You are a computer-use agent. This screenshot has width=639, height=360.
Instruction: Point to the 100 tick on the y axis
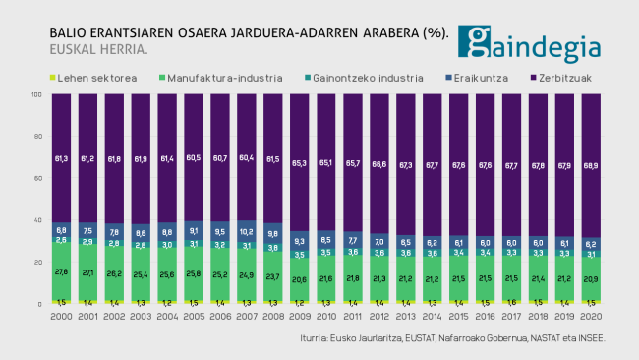click(36, 95)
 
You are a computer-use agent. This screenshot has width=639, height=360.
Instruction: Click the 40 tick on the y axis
click(37, 220)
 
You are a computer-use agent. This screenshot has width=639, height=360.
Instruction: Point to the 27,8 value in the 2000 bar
click(62, 271)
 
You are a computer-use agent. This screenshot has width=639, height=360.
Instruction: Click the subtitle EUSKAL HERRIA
click(98, 49)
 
